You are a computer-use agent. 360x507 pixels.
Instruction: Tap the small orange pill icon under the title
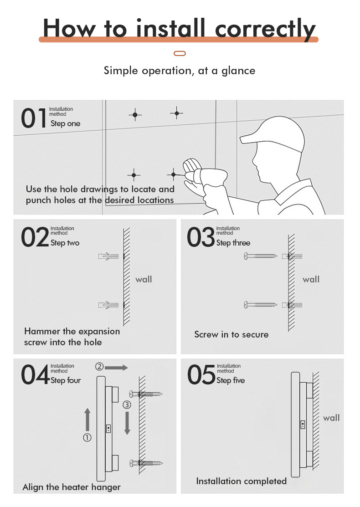pos(180,54)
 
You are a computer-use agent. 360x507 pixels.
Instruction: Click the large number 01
pos(34,118)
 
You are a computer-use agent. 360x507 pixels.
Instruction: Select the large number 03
pos(201,238)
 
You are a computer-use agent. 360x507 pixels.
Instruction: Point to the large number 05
pos(201,375)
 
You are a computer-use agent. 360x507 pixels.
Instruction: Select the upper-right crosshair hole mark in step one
pos(177,113)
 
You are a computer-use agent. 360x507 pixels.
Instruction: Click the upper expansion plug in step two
pos(109,256)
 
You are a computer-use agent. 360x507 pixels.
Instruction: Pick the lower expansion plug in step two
pos(109,305)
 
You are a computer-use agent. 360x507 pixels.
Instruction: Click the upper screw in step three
pos(261,256)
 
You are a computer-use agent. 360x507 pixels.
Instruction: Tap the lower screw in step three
pos(261,304)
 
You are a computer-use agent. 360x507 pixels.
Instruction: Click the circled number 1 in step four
pos(87,438)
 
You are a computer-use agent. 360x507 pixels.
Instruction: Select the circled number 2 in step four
pos(99,367)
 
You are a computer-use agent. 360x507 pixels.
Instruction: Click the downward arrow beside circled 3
pos(127,423)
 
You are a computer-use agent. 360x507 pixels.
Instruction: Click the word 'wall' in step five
pos(331,418)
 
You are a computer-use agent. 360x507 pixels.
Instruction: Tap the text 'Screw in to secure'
pos(231,334)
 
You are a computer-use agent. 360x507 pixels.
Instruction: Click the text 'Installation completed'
pos(241,481)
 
